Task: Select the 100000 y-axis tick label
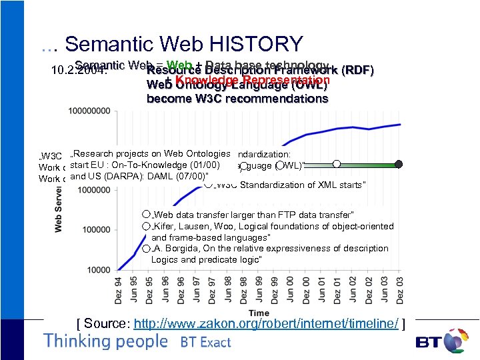(x=99, y=230)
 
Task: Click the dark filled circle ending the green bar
(x=399, y=163)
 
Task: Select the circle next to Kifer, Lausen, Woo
(x=146, y=227)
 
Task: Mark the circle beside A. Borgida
(x=146, y=248)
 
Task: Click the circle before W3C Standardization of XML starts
(x=209, y=185)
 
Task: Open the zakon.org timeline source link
(x=266, y=324)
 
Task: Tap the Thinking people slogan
(x=105, y=341)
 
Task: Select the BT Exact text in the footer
(x=205, y=343)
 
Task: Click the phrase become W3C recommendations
(x=237, y=99)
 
